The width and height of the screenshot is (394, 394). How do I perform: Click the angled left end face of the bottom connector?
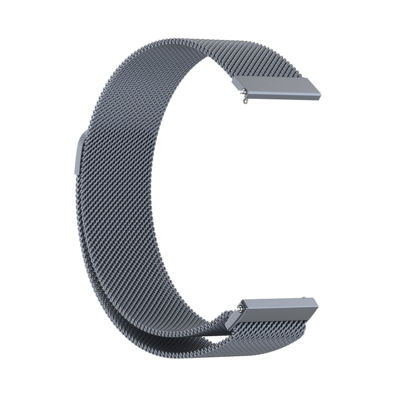(237, 310)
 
